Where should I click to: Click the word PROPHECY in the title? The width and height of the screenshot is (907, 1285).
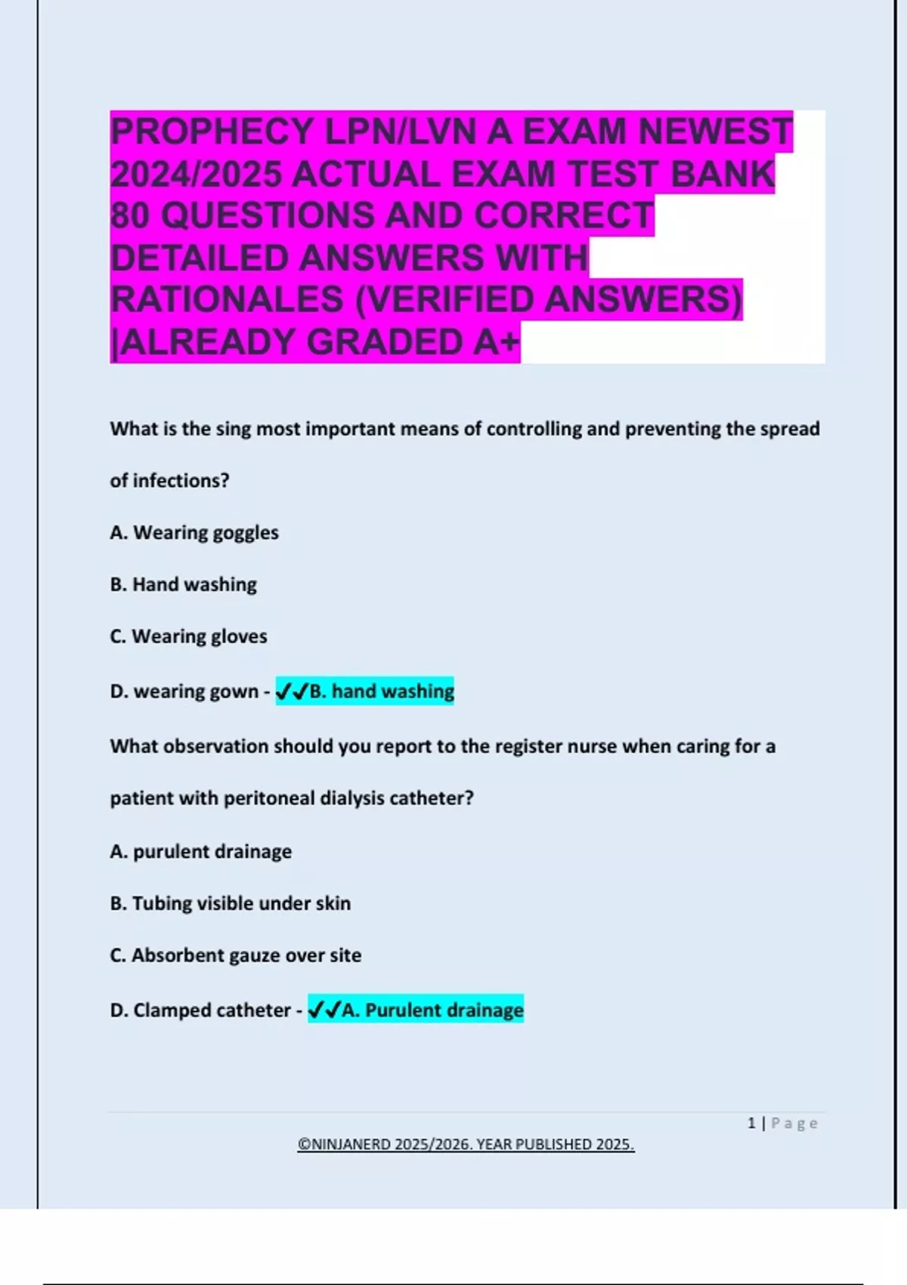coord(211,132)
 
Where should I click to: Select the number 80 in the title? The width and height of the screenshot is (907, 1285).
coord(130,215)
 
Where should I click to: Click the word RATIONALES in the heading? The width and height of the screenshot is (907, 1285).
coord(227,299)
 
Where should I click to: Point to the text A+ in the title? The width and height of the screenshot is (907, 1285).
coord(497,342)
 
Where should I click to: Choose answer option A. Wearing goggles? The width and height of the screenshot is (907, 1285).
coord(194,533)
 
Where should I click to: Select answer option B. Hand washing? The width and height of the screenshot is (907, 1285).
coord(184,584)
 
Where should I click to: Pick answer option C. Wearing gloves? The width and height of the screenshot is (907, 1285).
coord(188,636)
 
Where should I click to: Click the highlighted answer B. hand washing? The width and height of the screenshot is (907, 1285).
coord(365,691)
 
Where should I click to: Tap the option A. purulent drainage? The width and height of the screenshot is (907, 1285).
coord(200,852)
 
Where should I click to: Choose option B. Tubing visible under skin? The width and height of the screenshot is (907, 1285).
coord(230,903)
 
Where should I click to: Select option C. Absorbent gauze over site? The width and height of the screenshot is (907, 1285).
coord(235,955)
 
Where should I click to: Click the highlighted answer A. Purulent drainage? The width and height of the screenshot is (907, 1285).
coord(416,1010)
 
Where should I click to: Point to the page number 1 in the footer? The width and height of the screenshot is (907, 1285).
coord(751,1123)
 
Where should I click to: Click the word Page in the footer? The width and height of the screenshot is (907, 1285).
coord(794,1123)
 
